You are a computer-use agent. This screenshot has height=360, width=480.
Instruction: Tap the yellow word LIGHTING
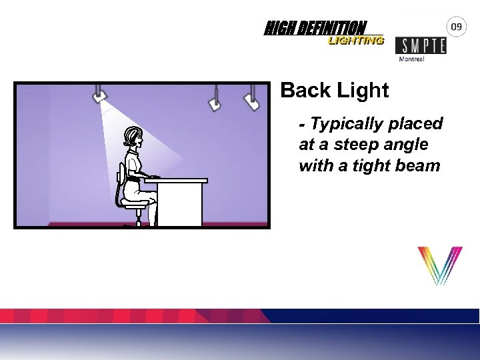[x=356, y=41]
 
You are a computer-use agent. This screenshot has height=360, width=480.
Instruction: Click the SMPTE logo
[x=421, y=45]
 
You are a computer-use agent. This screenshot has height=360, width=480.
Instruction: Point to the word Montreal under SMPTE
[x=412, y=59]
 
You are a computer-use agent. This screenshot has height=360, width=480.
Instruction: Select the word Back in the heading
[x=305, y=91]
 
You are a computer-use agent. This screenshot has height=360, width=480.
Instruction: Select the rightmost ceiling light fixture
[x=251, y=100]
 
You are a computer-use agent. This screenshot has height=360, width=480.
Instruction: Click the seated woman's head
[x=133, y=138]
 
